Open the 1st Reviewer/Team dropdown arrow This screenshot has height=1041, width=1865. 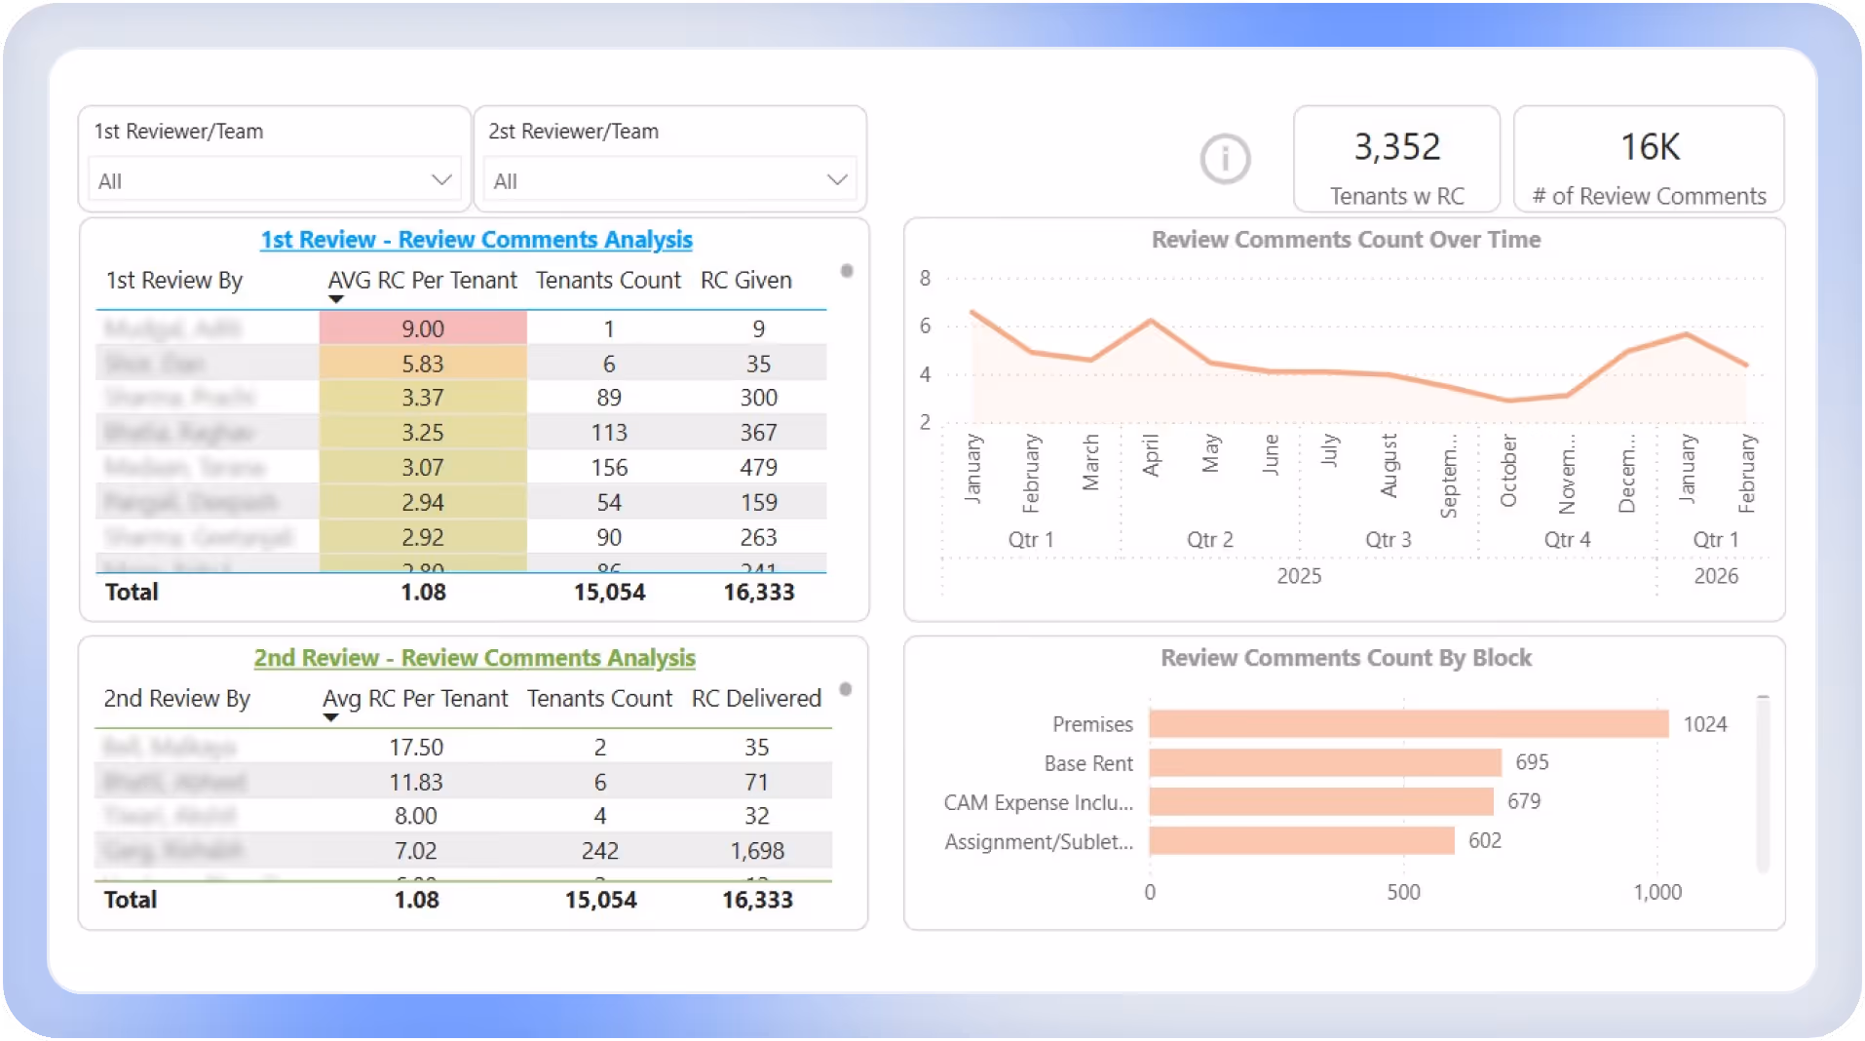pos(441,180)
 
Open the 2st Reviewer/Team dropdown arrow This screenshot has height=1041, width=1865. pos(836,180)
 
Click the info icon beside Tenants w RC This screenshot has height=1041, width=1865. pos(1225,158)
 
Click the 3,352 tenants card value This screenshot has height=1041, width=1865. pos(1396,147)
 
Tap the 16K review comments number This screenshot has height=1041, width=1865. pos(1650,147)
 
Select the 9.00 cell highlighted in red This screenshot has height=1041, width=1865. pos(423,328)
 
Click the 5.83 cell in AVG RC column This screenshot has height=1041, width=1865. pos(423,364)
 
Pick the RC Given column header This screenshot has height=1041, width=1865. pos(746,281)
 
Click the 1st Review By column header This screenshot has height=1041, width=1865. pos(174,281)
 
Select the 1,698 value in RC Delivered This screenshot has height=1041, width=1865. pos(757,851)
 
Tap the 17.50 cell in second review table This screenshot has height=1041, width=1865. pos(416,748)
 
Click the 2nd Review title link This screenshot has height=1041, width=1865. pos(475,658)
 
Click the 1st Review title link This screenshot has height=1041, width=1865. pos(476,240)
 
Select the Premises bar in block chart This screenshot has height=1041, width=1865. pos(1408,724)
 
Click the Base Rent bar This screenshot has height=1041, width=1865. pos(1325,763)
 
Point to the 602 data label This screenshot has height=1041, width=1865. pos(1485,840)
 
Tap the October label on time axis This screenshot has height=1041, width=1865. pos(1508,471)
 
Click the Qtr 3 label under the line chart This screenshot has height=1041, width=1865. pos(1388,540)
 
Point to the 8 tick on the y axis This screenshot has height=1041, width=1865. pos(925,279)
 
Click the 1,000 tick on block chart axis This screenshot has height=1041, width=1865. pos(1657,892)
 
